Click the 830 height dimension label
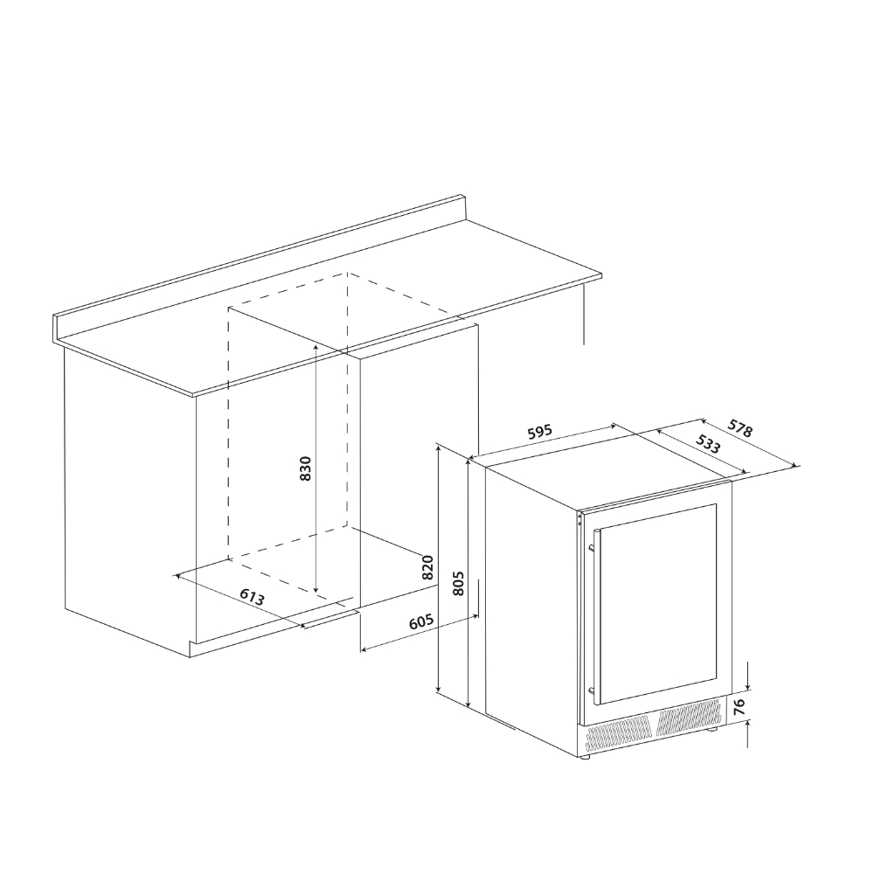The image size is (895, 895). (306, 468)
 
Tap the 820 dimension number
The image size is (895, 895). (428, 567)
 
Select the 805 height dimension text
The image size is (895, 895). (457, 583)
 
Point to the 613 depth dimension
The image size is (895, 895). (252, 597)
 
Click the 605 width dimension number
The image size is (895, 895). (422, 621)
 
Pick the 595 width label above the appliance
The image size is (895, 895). (539, 432)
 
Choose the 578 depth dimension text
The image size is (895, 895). (740, 428)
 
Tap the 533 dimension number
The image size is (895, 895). (708, 444)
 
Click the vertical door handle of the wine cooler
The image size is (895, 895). (594, 617)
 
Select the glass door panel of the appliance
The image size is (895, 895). (657, 604)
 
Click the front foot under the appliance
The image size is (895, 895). (584, 757)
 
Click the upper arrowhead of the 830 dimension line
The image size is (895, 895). (316, 346)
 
